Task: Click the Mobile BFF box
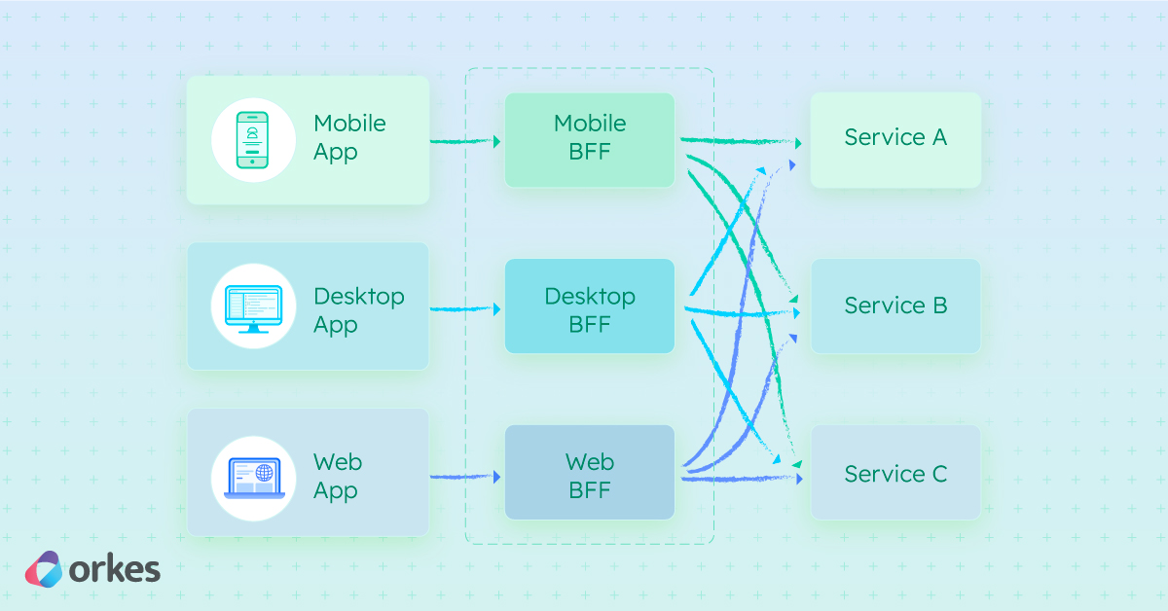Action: point(590,139)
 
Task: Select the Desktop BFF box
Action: point(590,306)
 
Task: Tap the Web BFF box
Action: point(590,473)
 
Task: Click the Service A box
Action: point(895,139)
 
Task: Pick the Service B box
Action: point(895,305)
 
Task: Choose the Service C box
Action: point(895,473)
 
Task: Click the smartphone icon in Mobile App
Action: point(253,140)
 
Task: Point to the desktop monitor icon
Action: point(253,306)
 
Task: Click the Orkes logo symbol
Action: point(44,569)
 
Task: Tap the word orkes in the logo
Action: point(115,570)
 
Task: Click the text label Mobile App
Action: point(349,138)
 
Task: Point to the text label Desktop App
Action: point(358,310)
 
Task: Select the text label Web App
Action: point(337,476)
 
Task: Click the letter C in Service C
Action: point(938,474)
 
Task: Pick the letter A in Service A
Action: point(938,137)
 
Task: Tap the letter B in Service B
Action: point(938,305)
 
